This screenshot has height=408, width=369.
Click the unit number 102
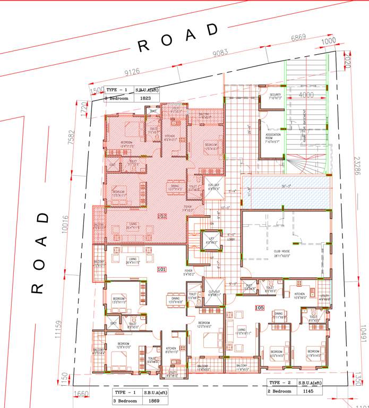pyautogui.click(x=162, y=216)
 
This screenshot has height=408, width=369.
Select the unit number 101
pyautogui.click(x=162, y=270)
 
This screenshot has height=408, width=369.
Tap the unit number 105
pyautogui.click(x=260, y=308)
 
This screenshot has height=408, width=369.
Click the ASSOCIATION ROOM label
pyautogui.click(x=273, y=137)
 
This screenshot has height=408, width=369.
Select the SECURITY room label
pyautogui.click(x=275, y=96)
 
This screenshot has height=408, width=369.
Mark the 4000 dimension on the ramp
pyautogui.click(x=305, y=95)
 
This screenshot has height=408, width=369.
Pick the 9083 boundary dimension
pyautogui.click(x=220, y=52)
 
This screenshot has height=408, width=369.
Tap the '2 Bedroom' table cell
pyautogui.click(x=281, y=391)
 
